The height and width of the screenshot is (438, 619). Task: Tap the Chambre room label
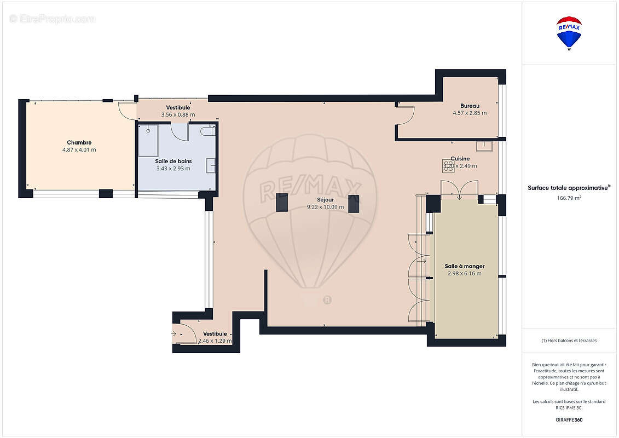click(79, 142)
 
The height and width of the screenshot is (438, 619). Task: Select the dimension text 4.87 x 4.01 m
click(79, 149)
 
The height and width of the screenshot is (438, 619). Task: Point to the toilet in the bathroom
click(207, 131)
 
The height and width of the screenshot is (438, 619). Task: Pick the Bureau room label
click(470, 106)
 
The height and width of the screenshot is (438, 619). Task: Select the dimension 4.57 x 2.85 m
click(470, 113)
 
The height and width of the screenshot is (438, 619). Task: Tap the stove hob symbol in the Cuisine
click(447, 164)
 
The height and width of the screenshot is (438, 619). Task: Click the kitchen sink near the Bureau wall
click(484, 146)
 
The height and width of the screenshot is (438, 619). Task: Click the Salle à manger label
click(464, 266)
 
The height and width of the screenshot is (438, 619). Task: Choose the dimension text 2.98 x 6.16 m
click(464, 273)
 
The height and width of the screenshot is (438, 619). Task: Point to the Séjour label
click(325, 200)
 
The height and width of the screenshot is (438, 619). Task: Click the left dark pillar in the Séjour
click(282, 203)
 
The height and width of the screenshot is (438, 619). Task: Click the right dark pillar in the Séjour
click(354, 203)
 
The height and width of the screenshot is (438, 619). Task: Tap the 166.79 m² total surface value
click(569, 198)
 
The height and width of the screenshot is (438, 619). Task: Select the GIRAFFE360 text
click(569, 420)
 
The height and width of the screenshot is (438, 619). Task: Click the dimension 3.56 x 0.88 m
click(178, 114)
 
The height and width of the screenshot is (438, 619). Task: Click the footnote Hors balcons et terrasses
click(569, 341)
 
